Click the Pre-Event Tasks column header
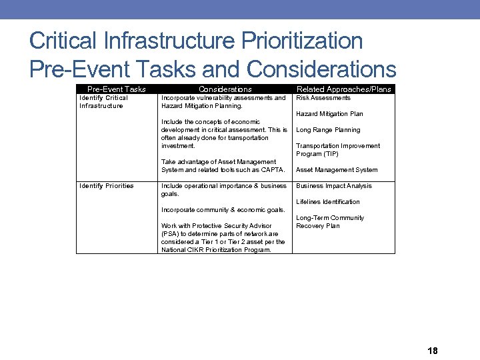point(117,89)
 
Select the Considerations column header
point(225,89)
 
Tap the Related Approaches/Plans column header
point(343,89)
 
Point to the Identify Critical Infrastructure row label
point(103,102)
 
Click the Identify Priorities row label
point(106,186)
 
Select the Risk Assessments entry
point(323,98)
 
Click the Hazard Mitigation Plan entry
point(329,114)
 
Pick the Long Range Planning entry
point(328,130)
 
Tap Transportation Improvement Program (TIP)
point(338,150)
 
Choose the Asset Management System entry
point(337,170)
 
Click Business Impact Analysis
point(334,186)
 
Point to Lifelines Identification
point(328,202)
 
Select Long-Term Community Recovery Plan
point(330,222)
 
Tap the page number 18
point(433,351)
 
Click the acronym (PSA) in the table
point(171,234)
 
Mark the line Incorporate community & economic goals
point(223,210)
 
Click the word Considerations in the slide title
point(321,69)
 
